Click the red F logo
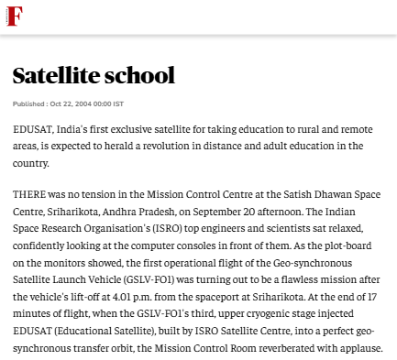[14, 16]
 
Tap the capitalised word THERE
[32, 193]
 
